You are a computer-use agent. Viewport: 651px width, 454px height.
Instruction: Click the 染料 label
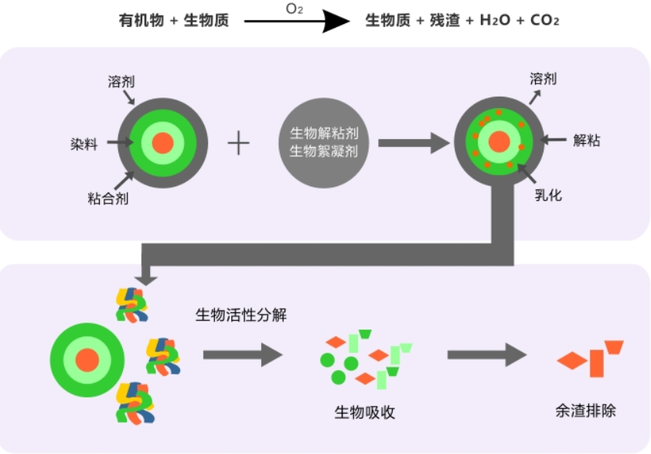click(x=84, y=143)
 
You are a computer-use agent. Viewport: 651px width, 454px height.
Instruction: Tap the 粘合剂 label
click(x=107, y=199)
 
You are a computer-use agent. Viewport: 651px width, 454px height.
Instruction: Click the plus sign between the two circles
click(x=239, y=143)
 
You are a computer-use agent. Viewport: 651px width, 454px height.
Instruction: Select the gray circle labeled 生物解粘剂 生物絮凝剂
click(x=323, y=141)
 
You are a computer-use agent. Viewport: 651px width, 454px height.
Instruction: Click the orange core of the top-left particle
click(x=162, y=142)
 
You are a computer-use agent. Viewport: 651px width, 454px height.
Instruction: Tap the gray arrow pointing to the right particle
click(x=414, y=142)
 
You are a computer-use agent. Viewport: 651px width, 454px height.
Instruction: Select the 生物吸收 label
click(x=364, y=411)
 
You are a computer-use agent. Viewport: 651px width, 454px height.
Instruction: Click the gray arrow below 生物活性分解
click(x=243, y=356)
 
